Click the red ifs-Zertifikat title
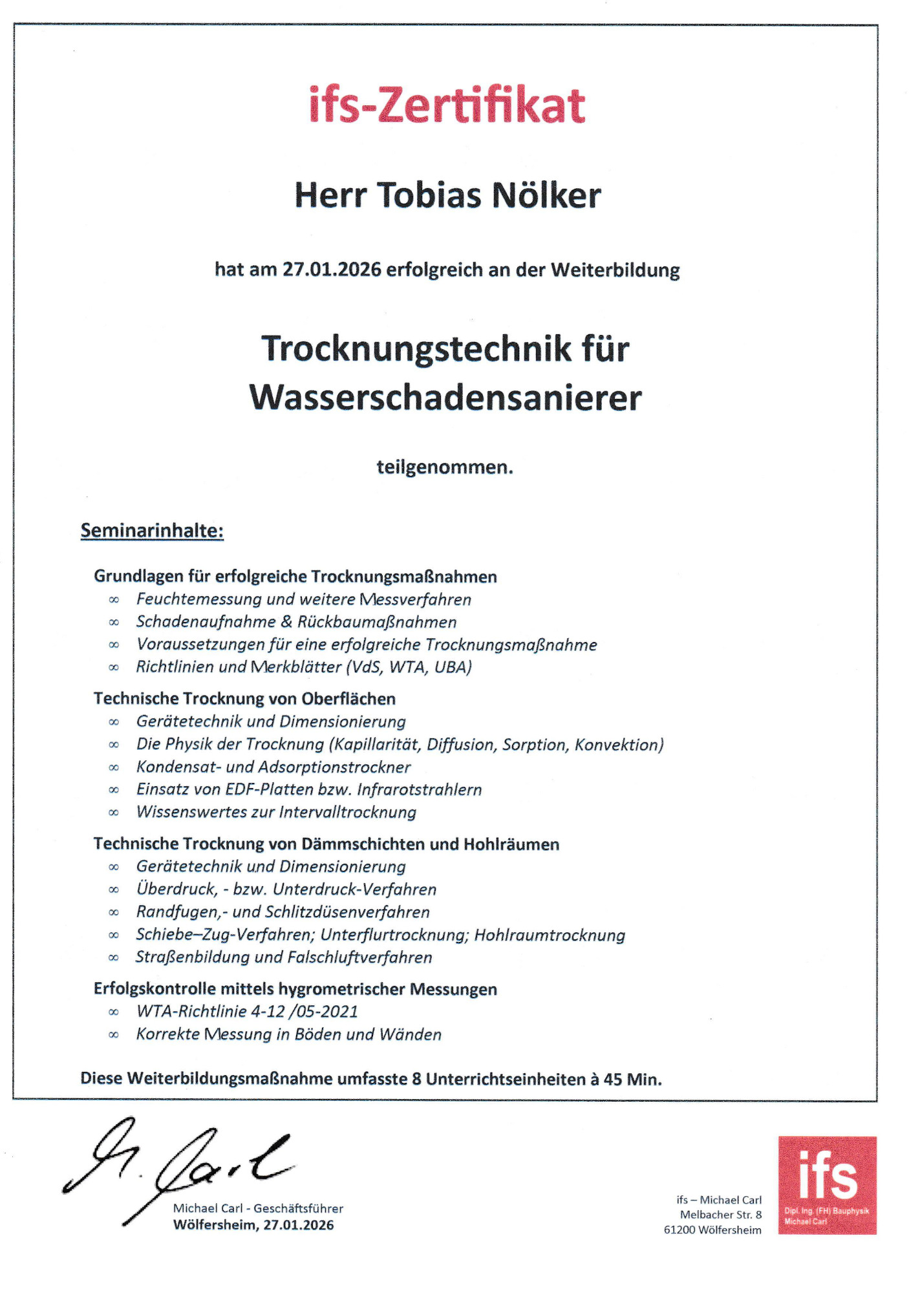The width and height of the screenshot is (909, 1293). pyautogui.click(x=447, y=106)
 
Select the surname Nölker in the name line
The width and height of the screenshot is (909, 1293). pyautogui.click(x=546, y=195)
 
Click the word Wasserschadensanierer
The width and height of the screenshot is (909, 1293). pyautogui.click(x=445, y=397)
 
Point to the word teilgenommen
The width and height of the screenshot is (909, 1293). pyautogui.click(x=445, y=467)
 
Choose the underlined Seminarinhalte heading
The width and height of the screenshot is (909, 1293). pyautogui.click(x=152, y=531)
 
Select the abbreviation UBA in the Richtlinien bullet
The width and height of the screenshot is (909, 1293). pyautogui.click(x=453, y=667)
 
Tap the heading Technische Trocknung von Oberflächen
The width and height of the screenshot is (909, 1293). pyautogui.click(x=244, y=699)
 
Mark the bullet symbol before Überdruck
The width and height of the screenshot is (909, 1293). pyautogui.click(x=114, y=890)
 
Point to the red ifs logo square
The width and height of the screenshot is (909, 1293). pyautogui.click(x=827, y=1185)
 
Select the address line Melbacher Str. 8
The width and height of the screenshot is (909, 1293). pyautogui.click(x=720, y=1215)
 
